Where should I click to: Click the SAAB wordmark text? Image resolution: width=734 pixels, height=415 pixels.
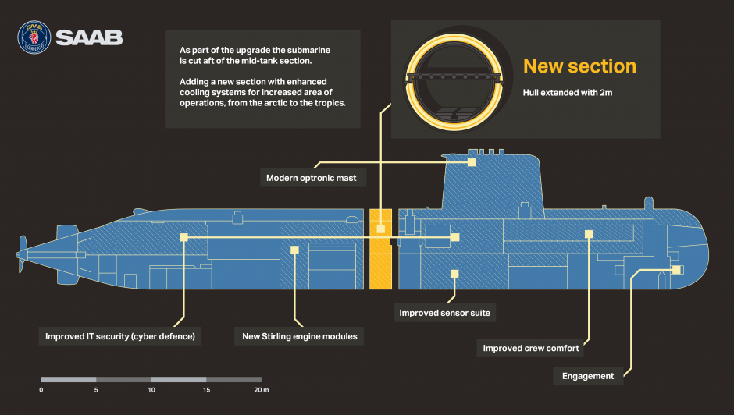coord(88,37)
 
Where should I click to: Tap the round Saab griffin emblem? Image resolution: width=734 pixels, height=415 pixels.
coord(34,37)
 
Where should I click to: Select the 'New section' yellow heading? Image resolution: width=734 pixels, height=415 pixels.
coord(579,66)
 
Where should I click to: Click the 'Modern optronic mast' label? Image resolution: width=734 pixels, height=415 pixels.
coord(311,178)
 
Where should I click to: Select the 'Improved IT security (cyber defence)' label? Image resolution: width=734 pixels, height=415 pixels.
coord(119,337)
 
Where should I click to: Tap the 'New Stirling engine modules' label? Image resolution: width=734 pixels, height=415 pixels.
coord(300,336)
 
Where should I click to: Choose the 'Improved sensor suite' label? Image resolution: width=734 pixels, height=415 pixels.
coord(444,314)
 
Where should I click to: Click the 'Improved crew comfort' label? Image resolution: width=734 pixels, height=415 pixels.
coord(531,348)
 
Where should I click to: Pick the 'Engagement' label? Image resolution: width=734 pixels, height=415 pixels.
coord(588,376)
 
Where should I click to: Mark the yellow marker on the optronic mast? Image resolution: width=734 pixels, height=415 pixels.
coord(472,162)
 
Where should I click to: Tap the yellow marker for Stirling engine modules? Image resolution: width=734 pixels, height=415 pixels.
coord(294,250)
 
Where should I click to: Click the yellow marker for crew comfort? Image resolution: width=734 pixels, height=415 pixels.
coord(589,233)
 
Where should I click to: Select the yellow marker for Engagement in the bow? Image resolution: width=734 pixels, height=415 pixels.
coord(676,270)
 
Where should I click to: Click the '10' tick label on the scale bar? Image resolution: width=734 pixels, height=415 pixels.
coord(151,389)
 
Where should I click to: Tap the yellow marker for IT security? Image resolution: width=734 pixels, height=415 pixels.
coord(184,237)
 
